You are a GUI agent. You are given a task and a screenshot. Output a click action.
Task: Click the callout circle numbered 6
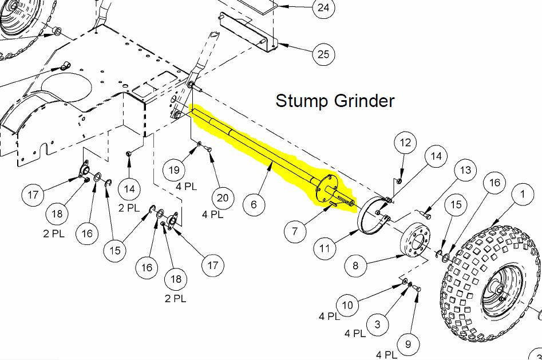coord(254,204)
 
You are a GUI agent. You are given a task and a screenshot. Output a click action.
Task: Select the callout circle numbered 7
coord(295,231)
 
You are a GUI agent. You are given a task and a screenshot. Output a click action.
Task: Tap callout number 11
coord(325,248)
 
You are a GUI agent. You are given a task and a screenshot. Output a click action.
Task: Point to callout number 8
coord(355,265)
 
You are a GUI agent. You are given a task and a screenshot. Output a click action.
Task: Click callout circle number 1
coord(523,194)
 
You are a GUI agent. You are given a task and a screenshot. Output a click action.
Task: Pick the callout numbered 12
coord(405,143)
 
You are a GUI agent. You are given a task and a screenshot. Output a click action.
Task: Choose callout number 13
coord(465,170)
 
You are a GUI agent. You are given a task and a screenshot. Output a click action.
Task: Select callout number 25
coord(323,54)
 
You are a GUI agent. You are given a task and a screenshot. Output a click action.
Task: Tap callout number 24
coord(323,7)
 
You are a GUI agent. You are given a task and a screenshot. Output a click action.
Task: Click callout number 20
coord(223,198)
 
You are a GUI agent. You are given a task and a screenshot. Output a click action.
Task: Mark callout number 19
coord(174,170)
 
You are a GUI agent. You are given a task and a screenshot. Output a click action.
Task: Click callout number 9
coord(408,344)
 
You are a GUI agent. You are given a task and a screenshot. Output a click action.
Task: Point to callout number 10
coord(347,305)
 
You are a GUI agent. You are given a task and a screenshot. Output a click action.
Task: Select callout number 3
coord(377,324)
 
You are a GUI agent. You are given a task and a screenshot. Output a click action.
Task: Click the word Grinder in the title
coord(365,101)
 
